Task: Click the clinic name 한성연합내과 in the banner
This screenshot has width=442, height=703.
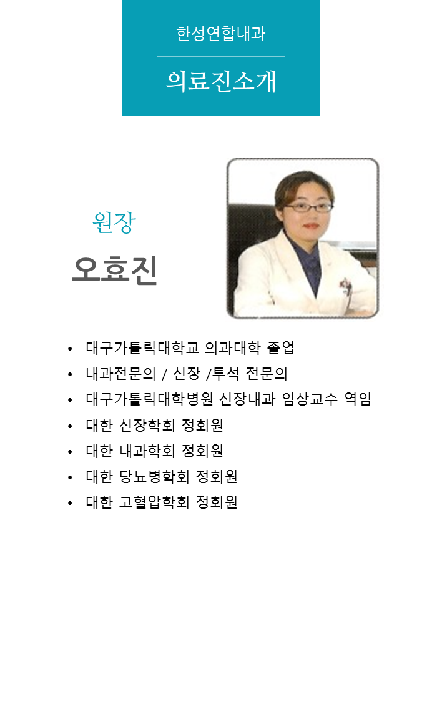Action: (221, 34)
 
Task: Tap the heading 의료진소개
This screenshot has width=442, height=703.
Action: (221, 81)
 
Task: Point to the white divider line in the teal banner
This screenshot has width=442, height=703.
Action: (221, 56)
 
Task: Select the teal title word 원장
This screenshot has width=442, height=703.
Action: (114, 222)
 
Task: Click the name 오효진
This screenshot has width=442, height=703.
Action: (115, 270)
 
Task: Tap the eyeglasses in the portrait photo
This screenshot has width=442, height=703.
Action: (308, 207)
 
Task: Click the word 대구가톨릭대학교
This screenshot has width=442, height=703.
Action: (142, 347)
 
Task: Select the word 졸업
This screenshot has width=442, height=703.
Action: (280, 347)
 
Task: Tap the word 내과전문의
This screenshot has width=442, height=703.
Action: (121, 373)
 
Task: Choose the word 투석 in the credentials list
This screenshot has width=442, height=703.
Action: (225, 373)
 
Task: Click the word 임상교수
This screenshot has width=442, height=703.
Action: (310, 399)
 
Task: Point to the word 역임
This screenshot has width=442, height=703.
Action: (357, 399)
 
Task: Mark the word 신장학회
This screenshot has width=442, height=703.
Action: (147, 424)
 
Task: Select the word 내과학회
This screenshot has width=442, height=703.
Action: (147, 450)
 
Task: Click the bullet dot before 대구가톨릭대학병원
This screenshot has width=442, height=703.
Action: (70, 400)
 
